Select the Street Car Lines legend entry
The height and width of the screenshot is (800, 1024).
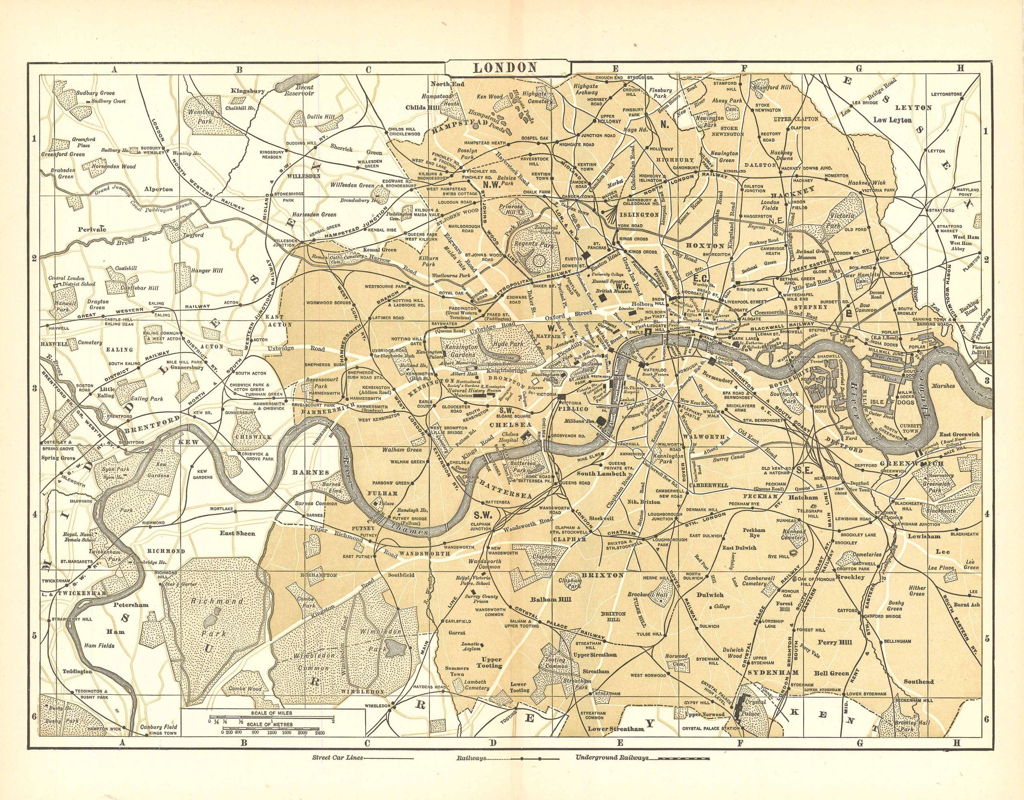point(337,771)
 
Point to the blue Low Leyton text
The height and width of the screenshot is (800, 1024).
point(892,120)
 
